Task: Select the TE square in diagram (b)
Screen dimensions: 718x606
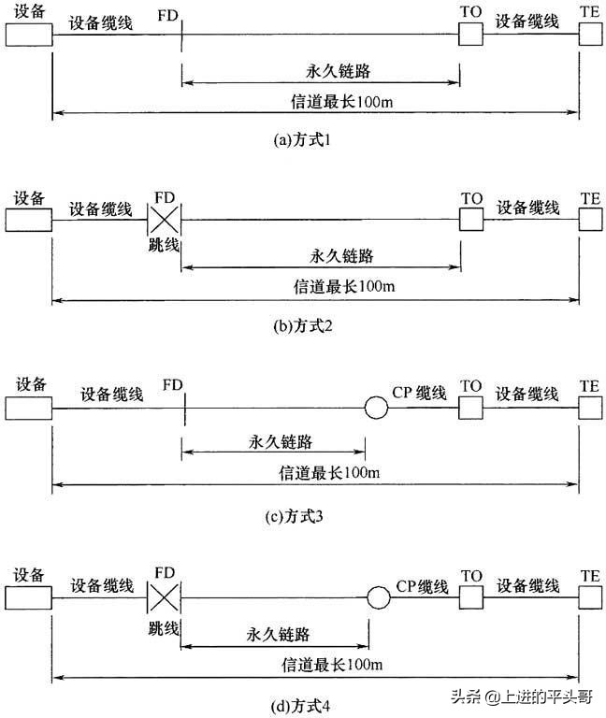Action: click(x=590, y=219)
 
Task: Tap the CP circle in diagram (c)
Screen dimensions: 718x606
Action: click(x=376, y=408)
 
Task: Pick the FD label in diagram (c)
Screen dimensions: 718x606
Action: click(x=172, y=385)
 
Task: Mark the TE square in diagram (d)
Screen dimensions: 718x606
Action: click(x=590, y=596)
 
